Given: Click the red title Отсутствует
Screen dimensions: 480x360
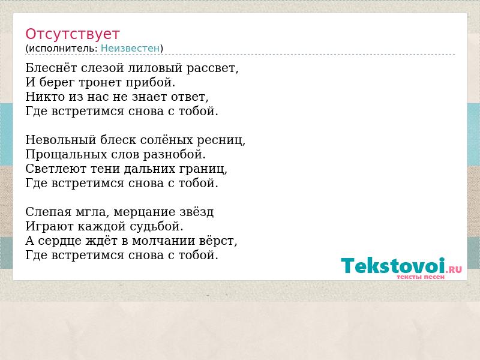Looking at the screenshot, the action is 72,34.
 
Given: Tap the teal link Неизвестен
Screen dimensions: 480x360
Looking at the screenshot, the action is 130,49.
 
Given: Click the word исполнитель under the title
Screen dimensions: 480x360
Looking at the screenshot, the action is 63,49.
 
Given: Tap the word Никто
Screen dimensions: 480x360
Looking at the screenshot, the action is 45,97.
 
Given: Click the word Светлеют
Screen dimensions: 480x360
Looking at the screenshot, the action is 52,169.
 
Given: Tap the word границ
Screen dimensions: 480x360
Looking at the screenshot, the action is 203,169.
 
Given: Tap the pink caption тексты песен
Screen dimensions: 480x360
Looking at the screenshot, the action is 421,277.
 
